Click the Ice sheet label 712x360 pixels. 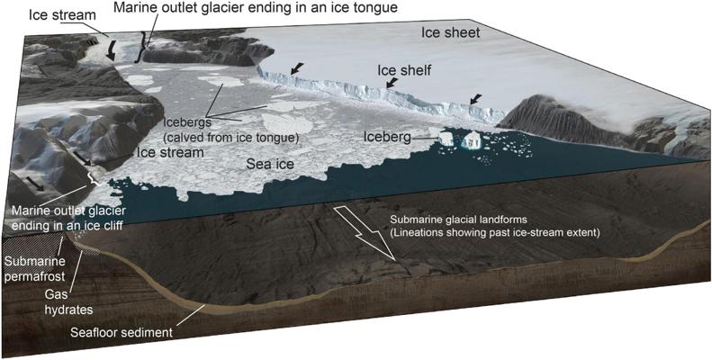pos(450,33)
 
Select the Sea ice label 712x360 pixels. pos(270,165)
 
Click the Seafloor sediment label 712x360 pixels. pos(122,332)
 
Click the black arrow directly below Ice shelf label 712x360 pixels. pos(390,83)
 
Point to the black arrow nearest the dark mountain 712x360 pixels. pos(475,98)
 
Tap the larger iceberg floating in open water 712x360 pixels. pos(472,140)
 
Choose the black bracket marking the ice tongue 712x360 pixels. pos(141,47)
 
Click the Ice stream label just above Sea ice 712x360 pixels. pos(170,152)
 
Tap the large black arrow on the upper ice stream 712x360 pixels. pos(111,50)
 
